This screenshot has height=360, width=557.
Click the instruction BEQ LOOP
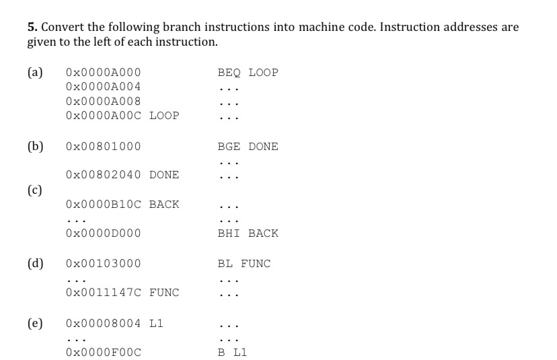point(248,73)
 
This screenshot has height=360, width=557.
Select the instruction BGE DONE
point(248,147)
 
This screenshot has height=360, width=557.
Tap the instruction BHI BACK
point(248,233)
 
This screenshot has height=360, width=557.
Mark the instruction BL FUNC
point(244,264)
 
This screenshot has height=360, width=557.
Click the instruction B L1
point(232,352)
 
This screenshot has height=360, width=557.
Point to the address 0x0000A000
point(103,73)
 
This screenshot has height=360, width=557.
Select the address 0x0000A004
point(103,87)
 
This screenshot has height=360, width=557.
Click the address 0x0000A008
point(103,101)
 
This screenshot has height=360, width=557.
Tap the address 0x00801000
point(103,147)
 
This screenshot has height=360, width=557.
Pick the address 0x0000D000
point(103,233)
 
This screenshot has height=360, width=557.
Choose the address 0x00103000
point(103,264)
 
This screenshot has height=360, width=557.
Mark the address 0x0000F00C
point(103,352)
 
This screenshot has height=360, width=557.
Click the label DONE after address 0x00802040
point(164,175)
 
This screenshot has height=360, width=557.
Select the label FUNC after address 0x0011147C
point(164,293)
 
